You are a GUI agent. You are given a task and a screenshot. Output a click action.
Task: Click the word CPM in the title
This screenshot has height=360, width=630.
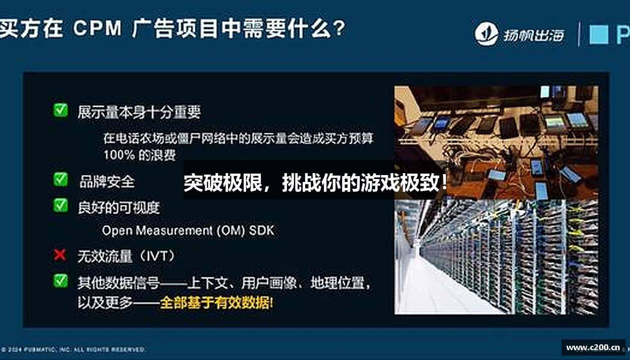tap(97, 29)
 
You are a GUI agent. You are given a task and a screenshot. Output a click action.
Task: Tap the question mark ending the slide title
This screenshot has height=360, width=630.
tap(338, 29)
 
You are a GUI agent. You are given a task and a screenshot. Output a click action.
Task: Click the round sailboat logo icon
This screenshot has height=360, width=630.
tap(486, 34)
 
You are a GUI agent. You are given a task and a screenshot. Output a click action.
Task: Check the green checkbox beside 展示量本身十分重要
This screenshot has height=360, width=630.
tap(61, 110)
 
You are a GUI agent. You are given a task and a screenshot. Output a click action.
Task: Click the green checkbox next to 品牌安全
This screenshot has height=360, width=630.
tap(61, 180)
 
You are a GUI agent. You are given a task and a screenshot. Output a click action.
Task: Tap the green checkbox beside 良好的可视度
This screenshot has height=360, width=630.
tap(61, 205)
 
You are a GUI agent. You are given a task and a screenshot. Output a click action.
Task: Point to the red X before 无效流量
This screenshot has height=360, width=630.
tap(60, 255)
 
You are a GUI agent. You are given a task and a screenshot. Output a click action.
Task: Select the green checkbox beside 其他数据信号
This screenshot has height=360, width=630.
tap(61, 280)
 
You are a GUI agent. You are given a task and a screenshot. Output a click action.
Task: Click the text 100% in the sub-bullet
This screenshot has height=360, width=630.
tap(119, 155)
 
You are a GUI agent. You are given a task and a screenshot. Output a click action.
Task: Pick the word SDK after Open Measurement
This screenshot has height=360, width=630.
tap(261, 230)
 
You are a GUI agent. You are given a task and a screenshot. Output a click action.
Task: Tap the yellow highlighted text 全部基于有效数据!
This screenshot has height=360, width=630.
tap(217, 302)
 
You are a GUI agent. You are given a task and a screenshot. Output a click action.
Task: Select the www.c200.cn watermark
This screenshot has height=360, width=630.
tap(593, 348)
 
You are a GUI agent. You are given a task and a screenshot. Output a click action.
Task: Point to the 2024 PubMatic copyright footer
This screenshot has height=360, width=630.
tap(74, 350)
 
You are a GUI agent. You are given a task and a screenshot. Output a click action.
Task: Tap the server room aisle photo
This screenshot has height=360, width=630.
tap(496, 257)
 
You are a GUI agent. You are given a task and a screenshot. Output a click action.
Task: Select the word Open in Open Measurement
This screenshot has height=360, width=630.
tap(117, 230)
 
